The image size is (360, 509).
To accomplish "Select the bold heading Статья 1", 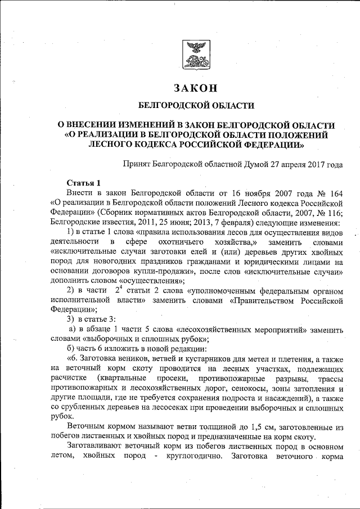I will click(x=83, y=183).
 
